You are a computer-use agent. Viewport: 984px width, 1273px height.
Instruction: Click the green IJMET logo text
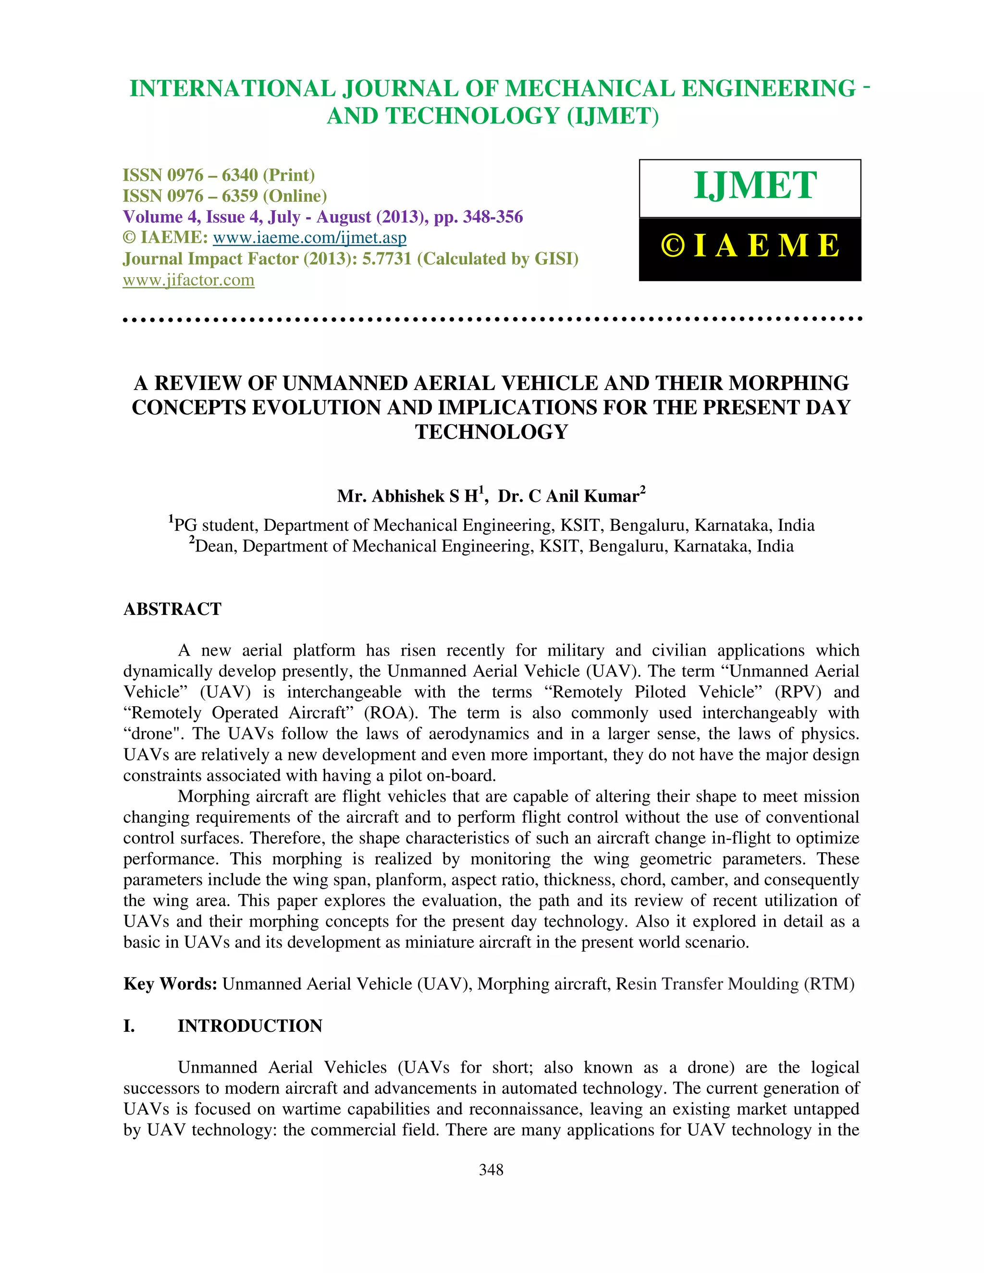(x=755, y=186)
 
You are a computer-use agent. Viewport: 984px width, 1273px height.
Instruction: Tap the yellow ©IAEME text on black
(x=750, y=245)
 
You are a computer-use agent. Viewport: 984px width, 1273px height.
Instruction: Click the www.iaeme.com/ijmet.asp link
(x=309, y=238)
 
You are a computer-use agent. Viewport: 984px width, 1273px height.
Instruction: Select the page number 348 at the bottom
(x=491, y=1169)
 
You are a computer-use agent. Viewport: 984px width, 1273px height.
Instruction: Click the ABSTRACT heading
(x=172, y=609)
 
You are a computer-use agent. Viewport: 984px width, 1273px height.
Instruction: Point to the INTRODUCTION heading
(x=249, y=1026)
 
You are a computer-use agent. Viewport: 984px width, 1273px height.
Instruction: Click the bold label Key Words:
(x=170, y=984)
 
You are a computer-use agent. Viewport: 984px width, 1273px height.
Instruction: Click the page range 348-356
(x=492, y=217)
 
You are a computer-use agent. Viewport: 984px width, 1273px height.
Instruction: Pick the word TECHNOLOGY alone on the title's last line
(x=491, y=432)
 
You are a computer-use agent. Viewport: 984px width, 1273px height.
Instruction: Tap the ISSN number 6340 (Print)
(x=240, y=175)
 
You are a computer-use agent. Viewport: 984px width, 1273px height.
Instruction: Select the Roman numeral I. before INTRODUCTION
(x=129, y=1026)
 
